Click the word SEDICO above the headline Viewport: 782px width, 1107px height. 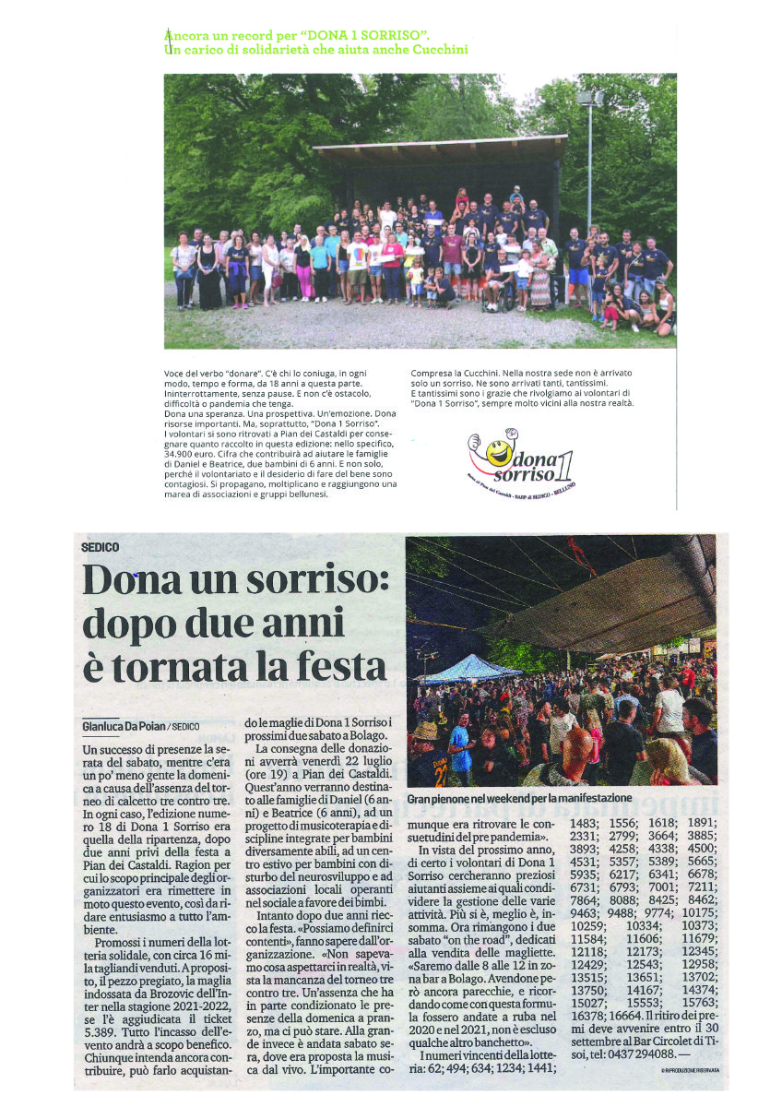100,547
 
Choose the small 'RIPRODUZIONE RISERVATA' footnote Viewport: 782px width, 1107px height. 689,1070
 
